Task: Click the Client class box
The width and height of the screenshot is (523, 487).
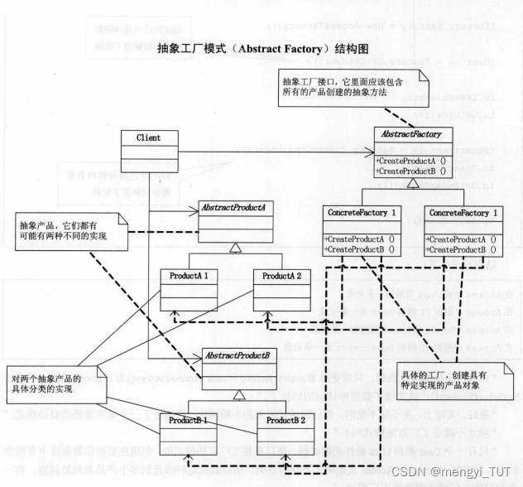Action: (148, 150)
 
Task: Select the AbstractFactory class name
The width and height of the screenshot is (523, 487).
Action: (412, 135)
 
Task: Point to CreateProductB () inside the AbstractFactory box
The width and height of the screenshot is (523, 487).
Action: (411, 170)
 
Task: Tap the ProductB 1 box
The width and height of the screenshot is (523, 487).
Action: (190, 429)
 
